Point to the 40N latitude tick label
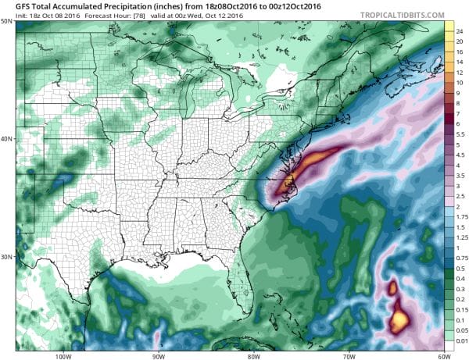(x=7, y=139)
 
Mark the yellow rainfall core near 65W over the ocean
(x=399, y=318)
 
